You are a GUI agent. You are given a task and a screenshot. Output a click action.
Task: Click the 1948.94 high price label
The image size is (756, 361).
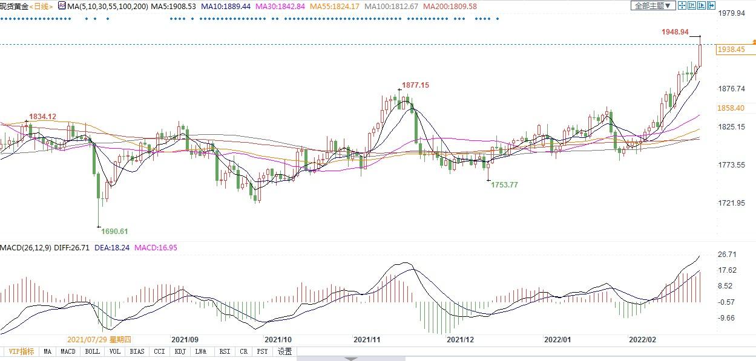(675, 32)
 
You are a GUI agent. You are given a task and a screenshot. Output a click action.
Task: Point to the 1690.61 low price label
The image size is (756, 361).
(115, 232)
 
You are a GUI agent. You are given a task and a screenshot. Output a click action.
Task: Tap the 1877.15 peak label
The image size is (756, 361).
(416, 85)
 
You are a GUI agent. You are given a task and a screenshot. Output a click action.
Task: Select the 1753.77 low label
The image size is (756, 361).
(504, 185)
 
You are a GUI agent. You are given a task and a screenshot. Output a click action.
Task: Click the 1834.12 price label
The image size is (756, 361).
(42, 117)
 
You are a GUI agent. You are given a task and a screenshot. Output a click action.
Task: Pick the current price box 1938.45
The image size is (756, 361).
(731, 50)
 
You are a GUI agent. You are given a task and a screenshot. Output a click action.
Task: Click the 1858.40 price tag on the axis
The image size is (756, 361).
(731, 108)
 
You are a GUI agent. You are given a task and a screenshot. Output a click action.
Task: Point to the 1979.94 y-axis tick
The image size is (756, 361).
(731, 13)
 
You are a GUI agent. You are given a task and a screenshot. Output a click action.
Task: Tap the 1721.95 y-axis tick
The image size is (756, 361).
(731, 204)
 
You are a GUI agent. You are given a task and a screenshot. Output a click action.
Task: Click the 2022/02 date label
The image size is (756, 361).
(643, 340)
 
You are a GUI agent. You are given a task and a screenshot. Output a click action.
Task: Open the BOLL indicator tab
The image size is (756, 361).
(93, 351)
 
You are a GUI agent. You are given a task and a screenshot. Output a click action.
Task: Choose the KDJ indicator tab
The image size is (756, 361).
(180, 351)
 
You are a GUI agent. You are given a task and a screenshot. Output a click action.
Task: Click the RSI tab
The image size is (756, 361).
(224, 351)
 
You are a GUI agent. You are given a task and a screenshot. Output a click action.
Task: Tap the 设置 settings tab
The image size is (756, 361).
(284, 351)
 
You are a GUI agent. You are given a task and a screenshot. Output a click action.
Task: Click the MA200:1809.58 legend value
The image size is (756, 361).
(450, 6)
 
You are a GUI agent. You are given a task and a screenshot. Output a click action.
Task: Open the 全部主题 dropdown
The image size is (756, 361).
(652, 6)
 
